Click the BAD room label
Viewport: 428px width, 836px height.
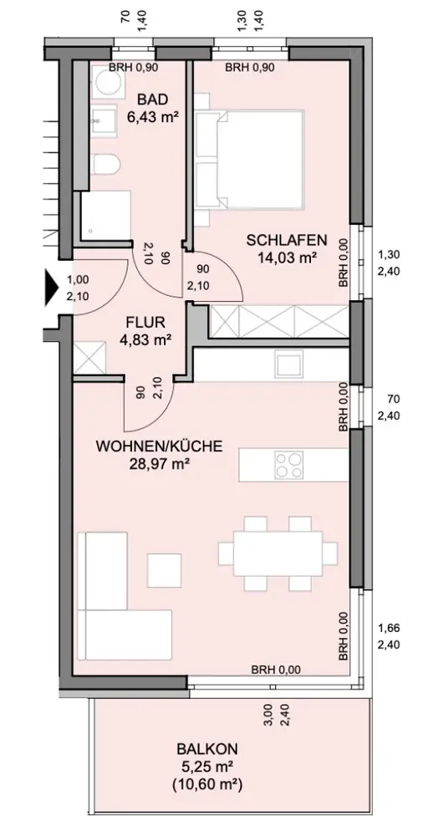152,99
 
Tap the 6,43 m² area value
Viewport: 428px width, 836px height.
152,117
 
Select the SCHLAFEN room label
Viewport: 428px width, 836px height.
286,241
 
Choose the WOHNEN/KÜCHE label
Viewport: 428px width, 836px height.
158,446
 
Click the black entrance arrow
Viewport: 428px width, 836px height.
51,288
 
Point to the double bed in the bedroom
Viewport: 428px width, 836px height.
249,158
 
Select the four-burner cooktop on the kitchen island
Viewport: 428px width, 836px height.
289,464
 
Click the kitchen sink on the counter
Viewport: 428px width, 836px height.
289,364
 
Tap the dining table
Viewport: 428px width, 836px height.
278,553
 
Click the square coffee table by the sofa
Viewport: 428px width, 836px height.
165,570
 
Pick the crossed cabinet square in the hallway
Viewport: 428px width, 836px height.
89,357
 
